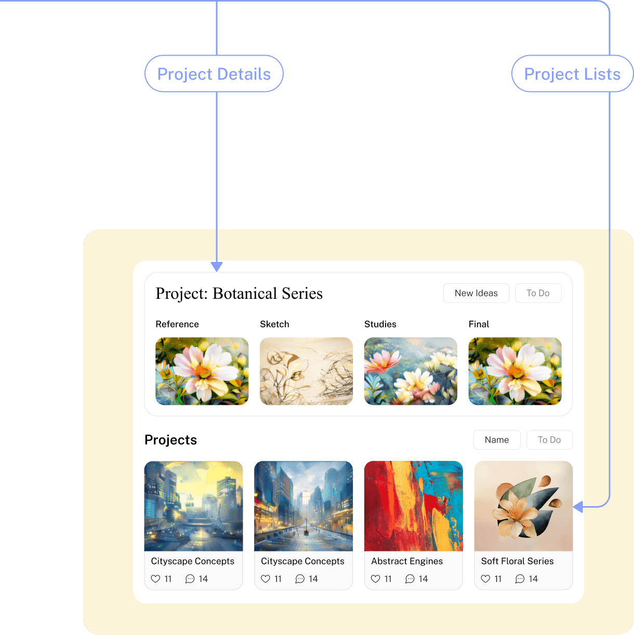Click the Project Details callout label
(x=214, y=74)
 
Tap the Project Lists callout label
(x=572, y=74)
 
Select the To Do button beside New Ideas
(x=538, y=293)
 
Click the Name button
(x=497, y=440)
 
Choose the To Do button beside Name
(x=549, y=440)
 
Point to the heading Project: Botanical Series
(x=239, y=294)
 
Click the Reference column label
(x=177, y=324)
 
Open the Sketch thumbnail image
(x=306, y=371)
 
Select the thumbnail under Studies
(x=411, y=371)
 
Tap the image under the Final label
(x=515, y=371)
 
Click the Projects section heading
(x=170, y=440)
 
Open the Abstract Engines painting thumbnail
(x=413, y=506)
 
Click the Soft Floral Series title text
(x=517, y=561)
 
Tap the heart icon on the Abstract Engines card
(x=376, y=579)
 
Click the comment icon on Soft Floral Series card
(x=520, y=579)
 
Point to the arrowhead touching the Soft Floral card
(x=578, y=506)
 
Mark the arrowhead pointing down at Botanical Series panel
(x=217, y=267)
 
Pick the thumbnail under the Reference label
(x=202, y=371)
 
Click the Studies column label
(x=380, y=324)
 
